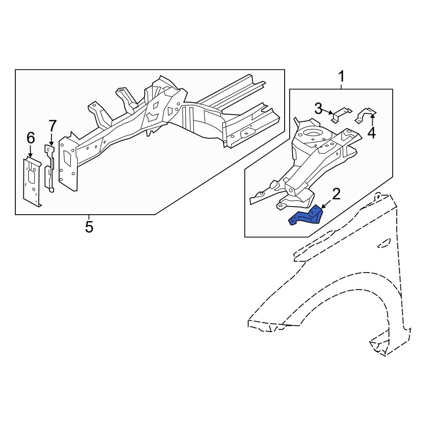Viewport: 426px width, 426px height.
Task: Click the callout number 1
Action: pos(341,77)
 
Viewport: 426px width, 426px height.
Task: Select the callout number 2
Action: pos(336,194)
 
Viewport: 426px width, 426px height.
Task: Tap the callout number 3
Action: pos(319,109)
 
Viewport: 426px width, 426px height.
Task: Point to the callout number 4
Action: pos(371,133)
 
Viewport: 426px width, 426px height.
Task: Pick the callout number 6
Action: pos(30,138)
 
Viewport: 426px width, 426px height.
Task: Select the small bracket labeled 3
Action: pos(341,114)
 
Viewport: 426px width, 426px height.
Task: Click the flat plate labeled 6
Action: pos(32,181)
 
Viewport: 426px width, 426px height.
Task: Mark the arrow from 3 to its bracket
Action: pos(331,112)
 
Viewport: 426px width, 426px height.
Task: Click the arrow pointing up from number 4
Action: pos(372,119)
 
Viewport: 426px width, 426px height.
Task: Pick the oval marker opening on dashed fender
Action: pos(384,242)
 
